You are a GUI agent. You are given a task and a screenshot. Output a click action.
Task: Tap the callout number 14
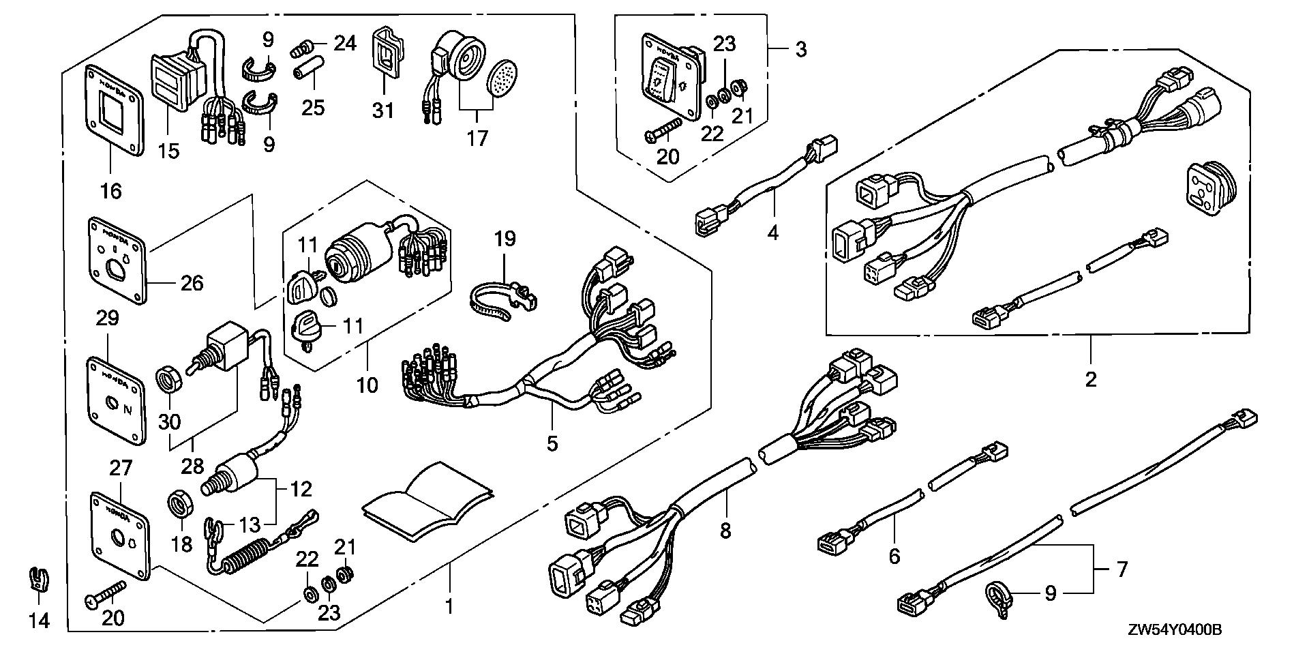(41, 621)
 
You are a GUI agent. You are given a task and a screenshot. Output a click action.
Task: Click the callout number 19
(505, 239)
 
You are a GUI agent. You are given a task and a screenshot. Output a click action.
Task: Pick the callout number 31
(383, 109)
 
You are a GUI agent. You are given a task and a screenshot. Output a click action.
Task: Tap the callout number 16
(110, 191)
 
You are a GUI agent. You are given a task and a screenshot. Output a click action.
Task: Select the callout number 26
(192, 282)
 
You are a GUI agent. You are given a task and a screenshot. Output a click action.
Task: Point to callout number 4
(772, 233)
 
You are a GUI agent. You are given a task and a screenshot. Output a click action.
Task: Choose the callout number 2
(1091, 379)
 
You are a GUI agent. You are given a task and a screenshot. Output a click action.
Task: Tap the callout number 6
(894, 556)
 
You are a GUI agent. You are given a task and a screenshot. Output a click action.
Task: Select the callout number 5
(552, 443)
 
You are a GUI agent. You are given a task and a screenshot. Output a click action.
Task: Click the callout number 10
(367, 385)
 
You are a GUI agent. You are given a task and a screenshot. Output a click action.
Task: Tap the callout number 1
(449, 606)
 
